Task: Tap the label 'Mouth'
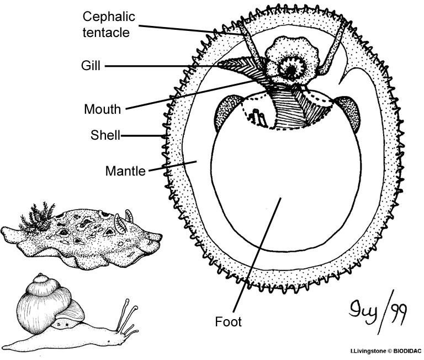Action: coord(102,109)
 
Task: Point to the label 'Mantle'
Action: coord(125,171)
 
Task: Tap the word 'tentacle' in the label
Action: coord(107,32)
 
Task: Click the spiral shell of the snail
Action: coord(45,298)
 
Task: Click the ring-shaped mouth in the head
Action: coord(289,70)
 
